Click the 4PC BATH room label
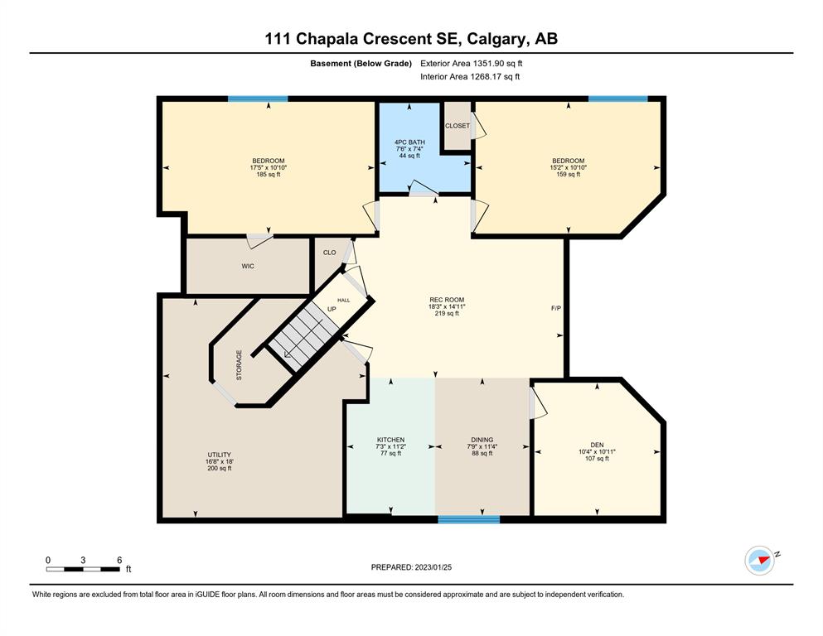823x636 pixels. click(409, 142)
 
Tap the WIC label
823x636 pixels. click(248, 267)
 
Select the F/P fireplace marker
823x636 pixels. click(556, 308)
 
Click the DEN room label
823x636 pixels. click(597, 445)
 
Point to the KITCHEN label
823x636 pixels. click(390, 440)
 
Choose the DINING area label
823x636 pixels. click(482, 440)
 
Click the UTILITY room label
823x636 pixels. click(220, 455)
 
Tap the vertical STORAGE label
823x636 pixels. click(240, 365)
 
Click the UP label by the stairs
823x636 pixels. click(332, 310)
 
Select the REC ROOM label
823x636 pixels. click(447, 300)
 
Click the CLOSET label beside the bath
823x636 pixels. click(457, 126)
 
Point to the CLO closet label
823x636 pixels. click(330, 253)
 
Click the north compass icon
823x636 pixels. click(760, 561)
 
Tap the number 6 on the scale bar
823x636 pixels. click(119, 560)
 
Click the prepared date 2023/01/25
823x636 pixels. click(433, 567)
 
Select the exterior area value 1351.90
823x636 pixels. click(488, 64)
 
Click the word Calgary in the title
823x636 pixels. click(496, 39)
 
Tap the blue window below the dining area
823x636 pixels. click(469, 519)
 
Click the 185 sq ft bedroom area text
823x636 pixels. click(269, 175)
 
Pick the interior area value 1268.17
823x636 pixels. click(486, 76)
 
